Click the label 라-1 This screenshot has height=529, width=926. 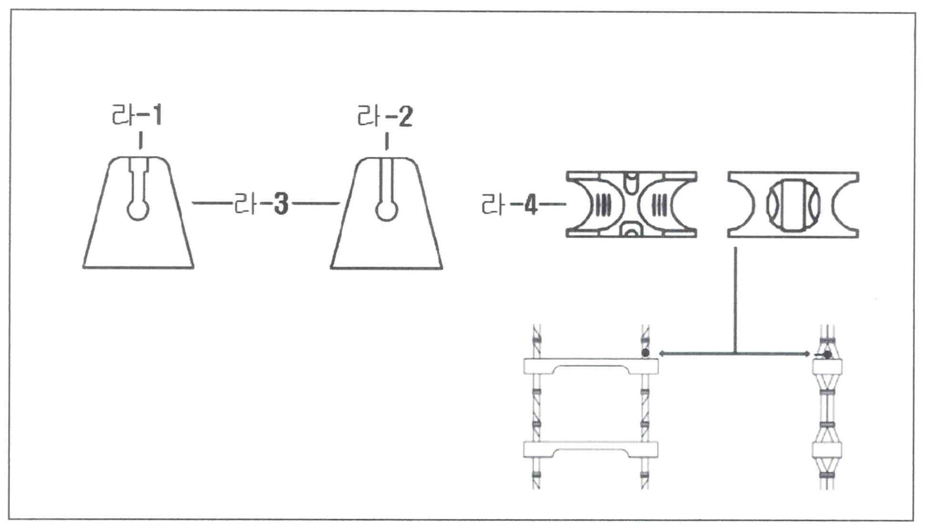(137, 115)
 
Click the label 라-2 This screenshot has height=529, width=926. (385, 116)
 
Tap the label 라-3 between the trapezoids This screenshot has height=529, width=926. (262, 204)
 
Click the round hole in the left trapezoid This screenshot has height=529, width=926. (138, 210)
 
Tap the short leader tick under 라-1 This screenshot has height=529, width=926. (141, 141)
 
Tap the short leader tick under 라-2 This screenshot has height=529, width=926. (386, 142)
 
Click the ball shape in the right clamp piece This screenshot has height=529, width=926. (793, 205)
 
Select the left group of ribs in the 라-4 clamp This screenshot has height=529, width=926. (603, 205)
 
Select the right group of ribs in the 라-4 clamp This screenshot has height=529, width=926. (659, 205)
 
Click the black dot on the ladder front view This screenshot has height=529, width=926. (645, 353)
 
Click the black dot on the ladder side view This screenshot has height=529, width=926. (828, 355)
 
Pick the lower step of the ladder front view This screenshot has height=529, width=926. (591, 449)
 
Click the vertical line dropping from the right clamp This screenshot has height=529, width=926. (736, 300)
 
